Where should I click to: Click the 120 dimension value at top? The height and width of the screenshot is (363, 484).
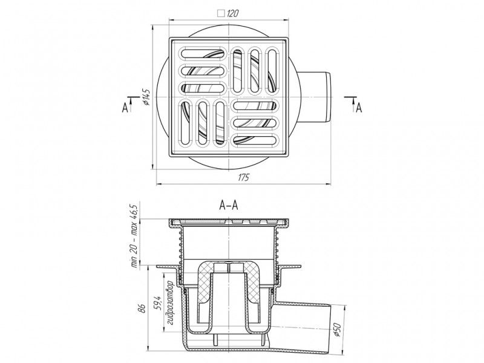pos(233,13)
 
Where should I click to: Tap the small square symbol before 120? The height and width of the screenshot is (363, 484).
pos(221,13)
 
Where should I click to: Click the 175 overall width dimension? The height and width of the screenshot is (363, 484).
pos(243,177)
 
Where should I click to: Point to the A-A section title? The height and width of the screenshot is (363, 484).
pos(229,205)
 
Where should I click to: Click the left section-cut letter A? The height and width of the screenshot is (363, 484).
pos(125,108)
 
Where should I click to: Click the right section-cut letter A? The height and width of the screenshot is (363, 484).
pos(359,108)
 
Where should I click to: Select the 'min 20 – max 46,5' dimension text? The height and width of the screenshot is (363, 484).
pos(135,236)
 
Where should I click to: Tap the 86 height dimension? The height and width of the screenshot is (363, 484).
pos(142,309)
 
